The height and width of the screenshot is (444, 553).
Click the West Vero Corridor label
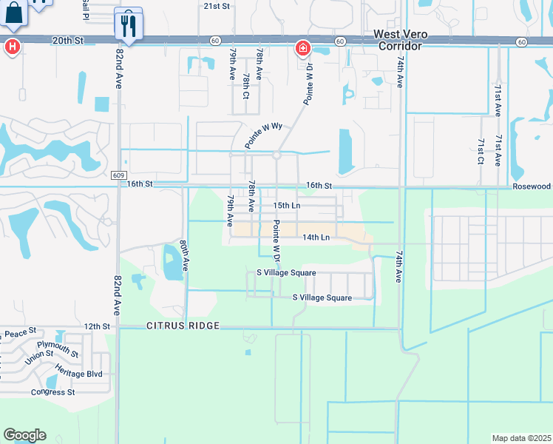click(x=397, y=39)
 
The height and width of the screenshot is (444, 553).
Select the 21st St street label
click(x=217, y=5)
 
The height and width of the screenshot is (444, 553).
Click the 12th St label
click(x=96, y=326)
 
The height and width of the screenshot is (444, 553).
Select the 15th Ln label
click(x=286, y=205)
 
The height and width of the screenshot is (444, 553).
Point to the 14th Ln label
click(x=316, y=238)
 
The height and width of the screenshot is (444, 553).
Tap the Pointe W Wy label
click(x=264, y=135)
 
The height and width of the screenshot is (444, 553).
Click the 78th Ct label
click(x=246, y=85)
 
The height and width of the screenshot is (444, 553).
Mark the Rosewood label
click(x=532, y=186)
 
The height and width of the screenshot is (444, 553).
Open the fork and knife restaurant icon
click(x=129, y=27)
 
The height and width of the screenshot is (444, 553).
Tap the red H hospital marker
click(x=11, y=46)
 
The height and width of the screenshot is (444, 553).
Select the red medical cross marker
click(x=302, y=49)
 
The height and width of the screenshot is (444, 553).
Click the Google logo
click(x=24, y=435)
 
